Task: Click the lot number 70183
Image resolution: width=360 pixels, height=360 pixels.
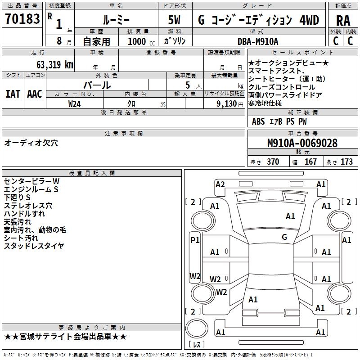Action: pyautogui.click(x=22, y=19)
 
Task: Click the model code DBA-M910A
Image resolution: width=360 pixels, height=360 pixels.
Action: pyautogui.click(x=258, y=41)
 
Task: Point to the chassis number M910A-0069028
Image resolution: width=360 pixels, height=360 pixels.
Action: pyautogui.click(x=302, y=144)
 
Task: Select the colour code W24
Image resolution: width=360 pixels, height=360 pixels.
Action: pyautogui.click(x=75, y=103)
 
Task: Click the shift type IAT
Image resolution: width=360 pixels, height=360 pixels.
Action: pyautogui.click(x=13, y=94)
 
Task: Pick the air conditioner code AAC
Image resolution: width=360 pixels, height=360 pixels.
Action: pyautogui.click(x=35, y=94)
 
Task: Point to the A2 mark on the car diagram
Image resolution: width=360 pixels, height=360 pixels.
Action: pyautogui.click(x=220, y=184)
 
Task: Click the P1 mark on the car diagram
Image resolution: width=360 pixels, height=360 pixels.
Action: pyautogui.click(x=195, y=240)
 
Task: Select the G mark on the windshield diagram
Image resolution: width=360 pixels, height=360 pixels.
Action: pyautogui.click(x=284, y=237)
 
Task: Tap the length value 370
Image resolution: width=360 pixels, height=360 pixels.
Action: pyautogui.click(x=273, y=162)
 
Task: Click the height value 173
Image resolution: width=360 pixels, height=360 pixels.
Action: pyautogui.click(x=346, y=162)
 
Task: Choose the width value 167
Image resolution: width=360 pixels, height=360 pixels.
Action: pyautogui.click(x=310, y=162)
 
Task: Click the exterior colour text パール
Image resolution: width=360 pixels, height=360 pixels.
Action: pyautogui.click(x=97, y=85)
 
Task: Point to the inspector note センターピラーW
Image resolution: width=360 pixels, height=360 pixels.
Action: pyautogui.click(x=31, y=181)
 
